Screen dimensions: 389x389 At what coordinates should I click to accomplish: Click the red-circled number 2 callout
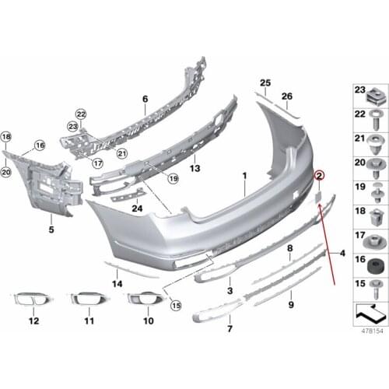tap(319, 178)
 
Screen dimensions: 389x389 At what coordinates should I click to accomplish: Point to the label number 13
tap(195, 168)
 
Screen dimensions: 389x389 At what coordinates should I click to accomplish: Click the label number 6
tap(145, 99)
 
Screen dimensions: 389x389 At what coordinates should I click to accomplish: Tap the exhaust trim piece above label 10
tap(142, 297)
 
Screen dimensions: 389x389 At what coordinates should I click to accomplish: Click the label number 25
tap(265, 82)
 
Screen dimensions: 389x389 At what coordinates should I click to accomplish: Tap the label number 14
tap(117, 284)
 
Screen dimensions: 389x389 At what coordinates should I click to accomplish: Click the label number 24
tap(137, 209)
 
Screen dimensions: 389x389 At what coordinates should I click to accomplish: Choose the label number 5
tap(51, 230)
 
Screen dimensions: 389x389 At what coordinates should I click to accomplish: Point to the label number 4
tap(342, 253)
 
